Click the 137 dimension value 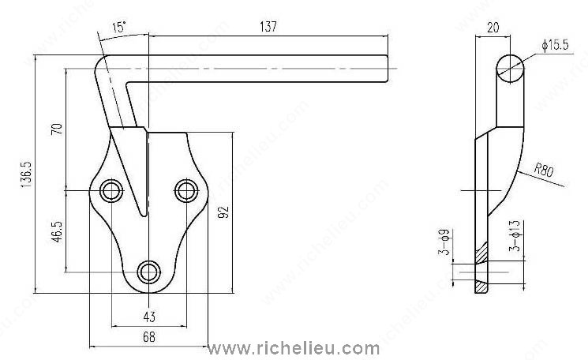pyautogui.click(x=268, y=27)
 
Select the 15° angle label pyautogui.click(x=119, y=28)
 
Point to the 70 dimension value pyautogui.click(x=56, y=129)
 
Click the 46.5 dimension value pyautogui.click(x=57, y=234)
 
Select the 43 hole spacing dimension pyautogui.click(x=148, y=317)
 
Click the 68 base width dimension pyautogui.click(x=148, y=339)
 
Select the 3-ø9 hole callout pyautogui.click(x=444, y=243)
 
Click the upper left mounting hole pyautogui.click(x=111, y=190)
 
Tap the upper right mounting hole pyautogui.click(x=185, y=190)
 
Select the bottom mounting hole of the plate pyautogui.click(x=148, y=272)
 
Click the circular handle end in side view pyautogui.click(x=510, y=66)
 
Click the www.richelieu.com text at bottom pyautogui.click(x=293, y=347)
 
